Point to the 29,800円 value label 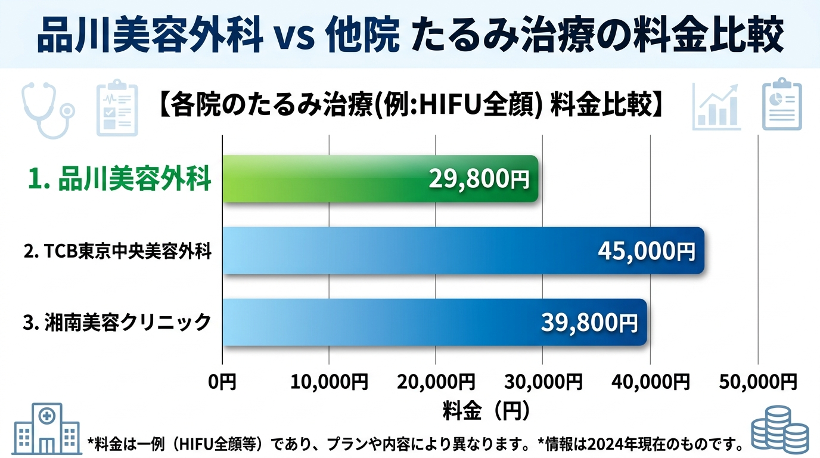(479, 179)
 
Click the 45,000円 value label (646, 251)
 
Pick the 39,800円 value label (589, 323)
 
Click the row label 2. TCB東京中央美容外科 (118, 252)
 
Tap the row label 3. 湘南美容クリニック (117, 323)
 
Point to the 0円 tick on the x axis (222, 380)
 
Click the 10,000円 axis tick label (329, 380)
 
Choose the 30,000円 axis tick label (543, 380)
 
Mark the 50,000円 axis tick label (757, 380)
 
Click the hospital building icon (45, 429)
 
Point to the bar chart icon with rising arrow (716, 107)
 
